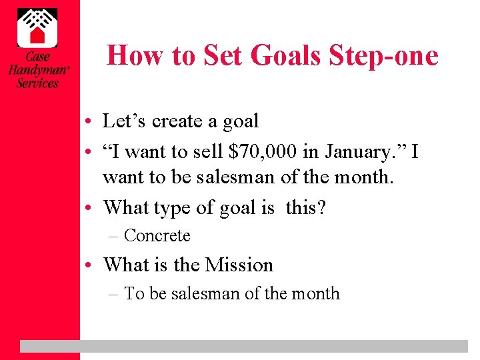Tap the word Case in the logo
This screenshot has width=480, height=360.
pos(37,57)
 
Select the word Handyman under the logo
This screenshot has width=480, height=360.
pos(37,70)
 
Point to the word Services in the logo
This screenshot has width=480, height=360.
pos(37,83)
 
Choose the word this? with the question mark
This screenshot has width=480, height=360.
pos(305,207)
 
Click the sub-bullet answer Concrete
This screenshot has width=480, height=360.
pos(157,236)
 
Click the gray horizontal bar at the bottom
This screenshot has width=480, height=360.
pos(243,345)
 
